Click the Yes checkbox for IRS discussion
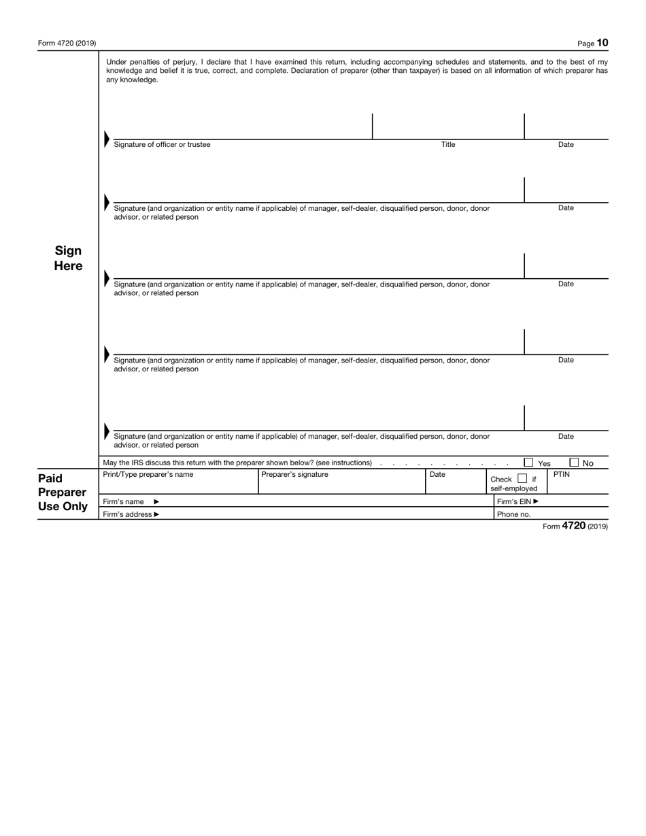(528, 463)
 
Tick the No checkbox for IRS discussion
(574, 463)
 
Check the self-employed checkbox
(522, 479)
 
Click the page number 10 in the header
(602, 43)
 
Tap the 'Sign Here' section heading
(68, 258)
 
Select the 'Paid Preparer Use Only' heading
(63, 492)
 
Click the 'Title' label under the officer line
(448, 144)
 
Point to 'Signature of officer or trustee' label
(162, 144)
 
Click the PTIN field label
(561, 474)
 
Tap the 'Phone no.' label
(513, 514)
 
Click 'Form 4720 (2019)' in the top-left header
(67, 44)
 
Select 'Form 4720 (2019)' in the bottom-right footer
(575, 526)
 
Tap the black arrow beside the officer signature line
(106, 139)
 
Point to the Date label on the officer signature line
(566, 144)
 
